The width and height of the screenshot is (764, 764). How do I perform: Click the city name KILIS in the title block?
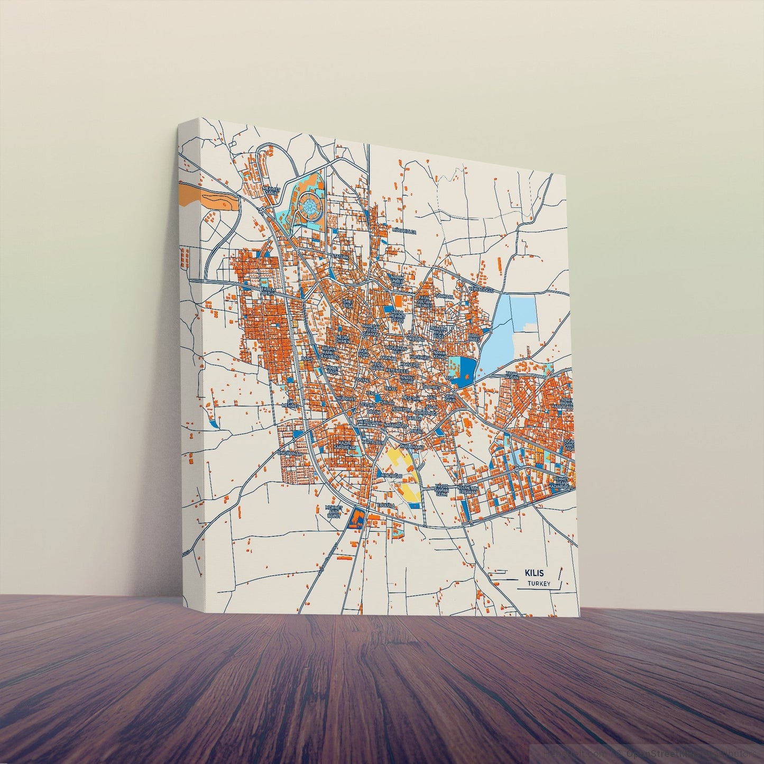pyautogui.click(x=533, y=573)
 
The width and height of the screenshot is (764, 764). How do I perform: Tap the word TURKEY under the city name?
pyautogui.click(x=538, y=584)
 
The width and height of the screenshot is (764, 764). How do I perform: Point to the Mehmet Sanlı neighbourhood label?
pyautogui.click(x=270, y=189)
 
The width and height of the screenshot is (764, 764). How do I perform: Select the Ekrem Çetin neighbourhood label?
pyautogui.click(x=268, y=292)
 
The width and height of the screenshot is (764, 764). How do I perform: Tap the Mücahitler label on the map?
pyautogui.click(x=404, y=232)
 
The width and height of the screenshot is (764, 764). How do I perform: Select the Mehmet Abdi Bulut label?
pyautogui.click(x=334, y=512)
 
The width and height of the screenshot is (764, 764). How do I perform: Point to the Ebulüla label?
pyautogui.click(x=386, y=506)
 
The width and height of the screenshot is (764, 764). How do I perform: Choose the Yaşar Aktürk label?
pyautogui.click(x=511, y=375)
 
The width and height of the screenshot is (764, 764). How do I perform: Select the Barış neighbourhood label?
pyautogui.click(x=307, y=358)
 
